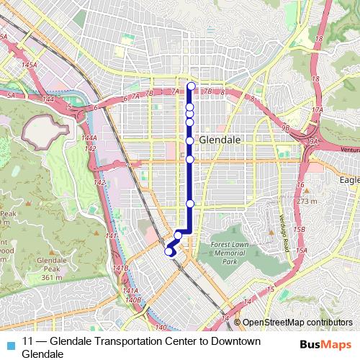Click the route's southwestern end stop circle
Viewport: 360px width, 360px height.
(170, 251)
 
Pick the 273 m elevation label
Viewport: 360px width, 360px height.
(306, 202)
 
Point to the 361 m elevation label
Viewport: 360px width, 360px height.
(50, 277)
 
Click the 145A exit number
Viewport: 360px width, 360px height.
(29, 65)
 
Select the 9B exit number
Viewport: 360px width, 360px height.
(285, 127)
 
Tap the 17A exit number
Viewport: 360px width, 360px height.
(318, 109)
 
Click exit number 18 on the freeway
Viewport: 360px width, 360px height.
(315, 78)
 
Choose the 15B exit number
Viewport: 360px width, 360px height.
(300, 229)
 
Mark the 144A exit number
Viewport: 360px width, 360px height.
(89, 138)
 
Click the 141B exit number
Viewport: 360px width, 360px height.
(120, 268)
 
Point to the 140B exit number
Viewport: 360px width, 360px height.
(132, 299)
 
